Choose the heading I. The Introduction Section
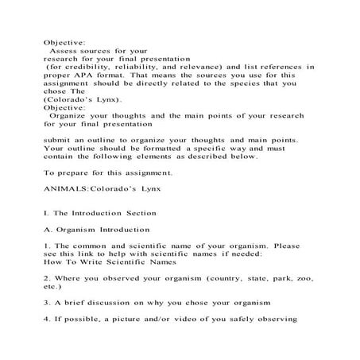tap(100, 214)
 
